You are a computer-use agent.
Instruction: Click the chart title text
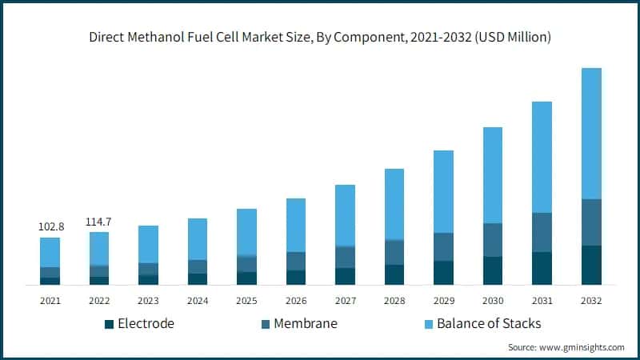(x=320, y=37)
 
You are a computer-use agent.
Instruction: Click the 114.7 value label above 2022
(x=99, y=222)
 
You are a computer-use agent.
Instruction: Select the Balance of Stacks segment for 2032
(x=591, y=134)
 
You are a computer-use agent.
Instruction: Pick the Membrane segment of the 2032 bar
(x=591, y=222)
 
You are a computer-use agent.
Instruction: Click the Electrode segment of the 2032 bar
(x=591, y=265)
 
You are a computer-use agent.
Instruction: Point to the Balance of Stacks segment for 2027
(x=345, y=215)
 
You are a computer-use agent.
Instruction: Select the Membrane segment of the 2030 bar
(x=493, y=240)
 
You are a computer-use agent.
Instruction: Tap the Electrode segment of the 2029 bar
(x=443, y=273)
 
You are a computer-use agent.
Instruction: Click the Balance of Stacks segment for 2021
(x=50, y=252)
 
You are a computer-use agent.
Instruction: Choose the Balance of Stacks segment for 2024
(x=198, y=239)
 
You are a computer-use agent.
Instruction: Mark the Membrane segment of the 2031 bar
(x=542, y=232)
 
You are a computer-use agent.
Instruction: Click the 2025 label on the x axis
(x=246, y=301)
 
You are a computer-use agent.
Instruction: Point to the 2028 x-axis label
(x=394, y=301)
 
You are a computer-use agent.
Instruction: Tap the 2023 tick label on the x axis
(x=148, y=301)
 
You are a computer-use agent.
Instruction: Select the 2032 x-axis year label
(x=591, y=301)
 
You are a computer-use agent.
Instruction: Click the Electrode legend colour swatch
(x=109, y=324)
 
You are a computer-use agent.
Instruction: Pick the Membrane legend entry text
(x=305, y=323)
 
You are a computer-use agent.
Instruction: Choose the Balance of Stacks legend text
(x=483, y=323)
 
